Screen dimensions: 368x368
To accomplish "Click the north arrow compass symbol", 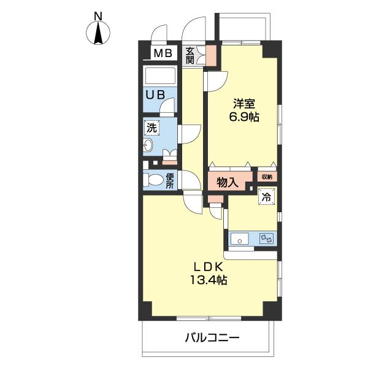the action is [x=98, y=33].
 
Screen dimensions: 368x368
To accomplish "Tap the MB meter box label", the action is [x=163, y=53].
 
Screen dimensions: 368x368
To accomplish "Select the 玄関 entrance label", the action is [x=190, y=56].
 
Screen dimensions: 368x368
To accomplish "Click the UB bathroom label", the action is [x=155, y=95].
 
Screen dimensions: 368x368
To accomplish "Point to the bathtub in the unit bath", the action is [x=161, y=75].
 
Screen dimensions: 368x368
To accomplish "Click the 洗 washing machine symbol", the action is [x=151, y=128].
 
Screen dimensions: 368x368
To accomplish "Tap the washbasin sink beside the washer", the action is [x=148, y=145].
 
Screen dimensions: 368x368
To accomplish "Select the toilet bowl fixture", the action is [x=153, y=180].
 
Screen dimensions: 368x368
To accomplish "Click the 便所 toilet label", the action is [x=170, y=181].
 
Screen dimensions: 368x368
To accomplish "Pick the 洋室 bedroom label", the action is [x=244, y=104].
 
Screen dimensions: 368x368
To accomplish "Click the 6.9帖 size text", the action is [x=244, y=117].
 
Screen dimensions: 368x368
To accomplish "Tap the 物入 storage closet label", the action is [x=228, y=182].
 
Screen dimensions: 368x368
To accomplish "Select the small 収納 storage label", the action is [x=267, y=177].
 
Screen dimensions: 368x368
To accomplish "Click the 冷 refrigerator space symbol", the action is [x=267, y=197].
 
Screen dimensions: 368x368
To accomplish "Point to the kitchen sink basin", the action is [x=239, y=239].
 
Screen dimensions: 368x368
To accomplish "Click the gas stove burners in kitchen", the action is [x=266, y=239].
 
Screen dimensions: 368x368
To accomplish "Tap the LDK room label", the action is [x=208, y=267].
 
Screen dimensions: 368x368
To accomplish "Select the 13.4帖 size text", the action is [x=209, y=280].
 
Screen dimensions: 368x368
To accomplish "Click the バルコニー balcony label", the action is [x=212, y=338].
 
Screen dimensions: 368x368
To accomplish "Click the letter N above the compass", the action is [x=98, y=17].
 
